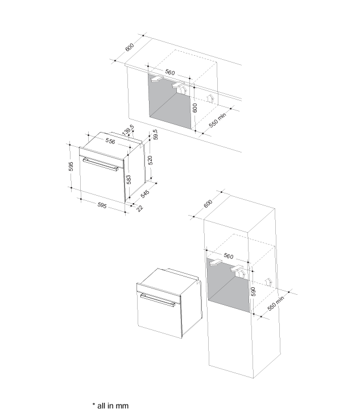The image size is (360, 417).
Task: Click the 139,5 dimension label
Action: click(x=128, y=130)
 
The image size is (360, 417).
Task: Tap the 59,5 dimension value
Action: click(x=155, y=135)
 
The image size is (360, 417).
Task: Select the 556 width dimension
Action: click(x=110, y=141)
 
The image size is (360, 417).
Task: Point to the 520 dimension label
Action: click(x=150, y=160)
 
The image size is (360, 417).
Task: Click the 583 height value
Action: click(x=129, y=180)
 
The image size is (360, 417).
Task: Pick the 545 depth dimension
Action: click(x=145, y=194)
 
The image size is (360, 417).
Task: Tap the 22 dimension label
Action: click(x=139, y=208)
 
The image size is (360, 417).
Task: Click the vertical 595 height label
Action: click(x=71, y=167)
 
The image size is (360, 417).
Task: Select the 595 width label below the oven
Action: click(x=102, y=205)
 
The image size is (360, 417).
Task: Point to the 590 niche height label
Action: click(x=253, y=291)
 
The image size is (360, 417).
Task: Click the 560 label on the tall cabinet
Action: click(x=229, y=256)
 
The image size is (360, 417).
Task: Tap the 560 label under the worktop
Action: click(x=170, y=72)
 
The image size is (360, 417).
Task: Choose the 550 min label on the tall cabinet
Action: click(x=276, y=303)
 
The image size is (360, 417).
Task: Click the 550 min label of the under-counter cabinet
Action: click(x=217, y=120)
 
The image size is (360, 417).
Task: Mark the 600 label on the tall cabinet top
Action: click(x=208, y=204)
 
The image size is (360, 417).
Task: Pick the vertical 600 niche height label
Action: click(x=195, y=108)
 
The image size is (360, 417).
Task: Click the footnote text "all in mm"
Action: click(x=113, y=406)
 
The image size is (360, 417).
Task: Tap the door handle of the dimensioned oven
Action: click(x=101, y=164)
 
